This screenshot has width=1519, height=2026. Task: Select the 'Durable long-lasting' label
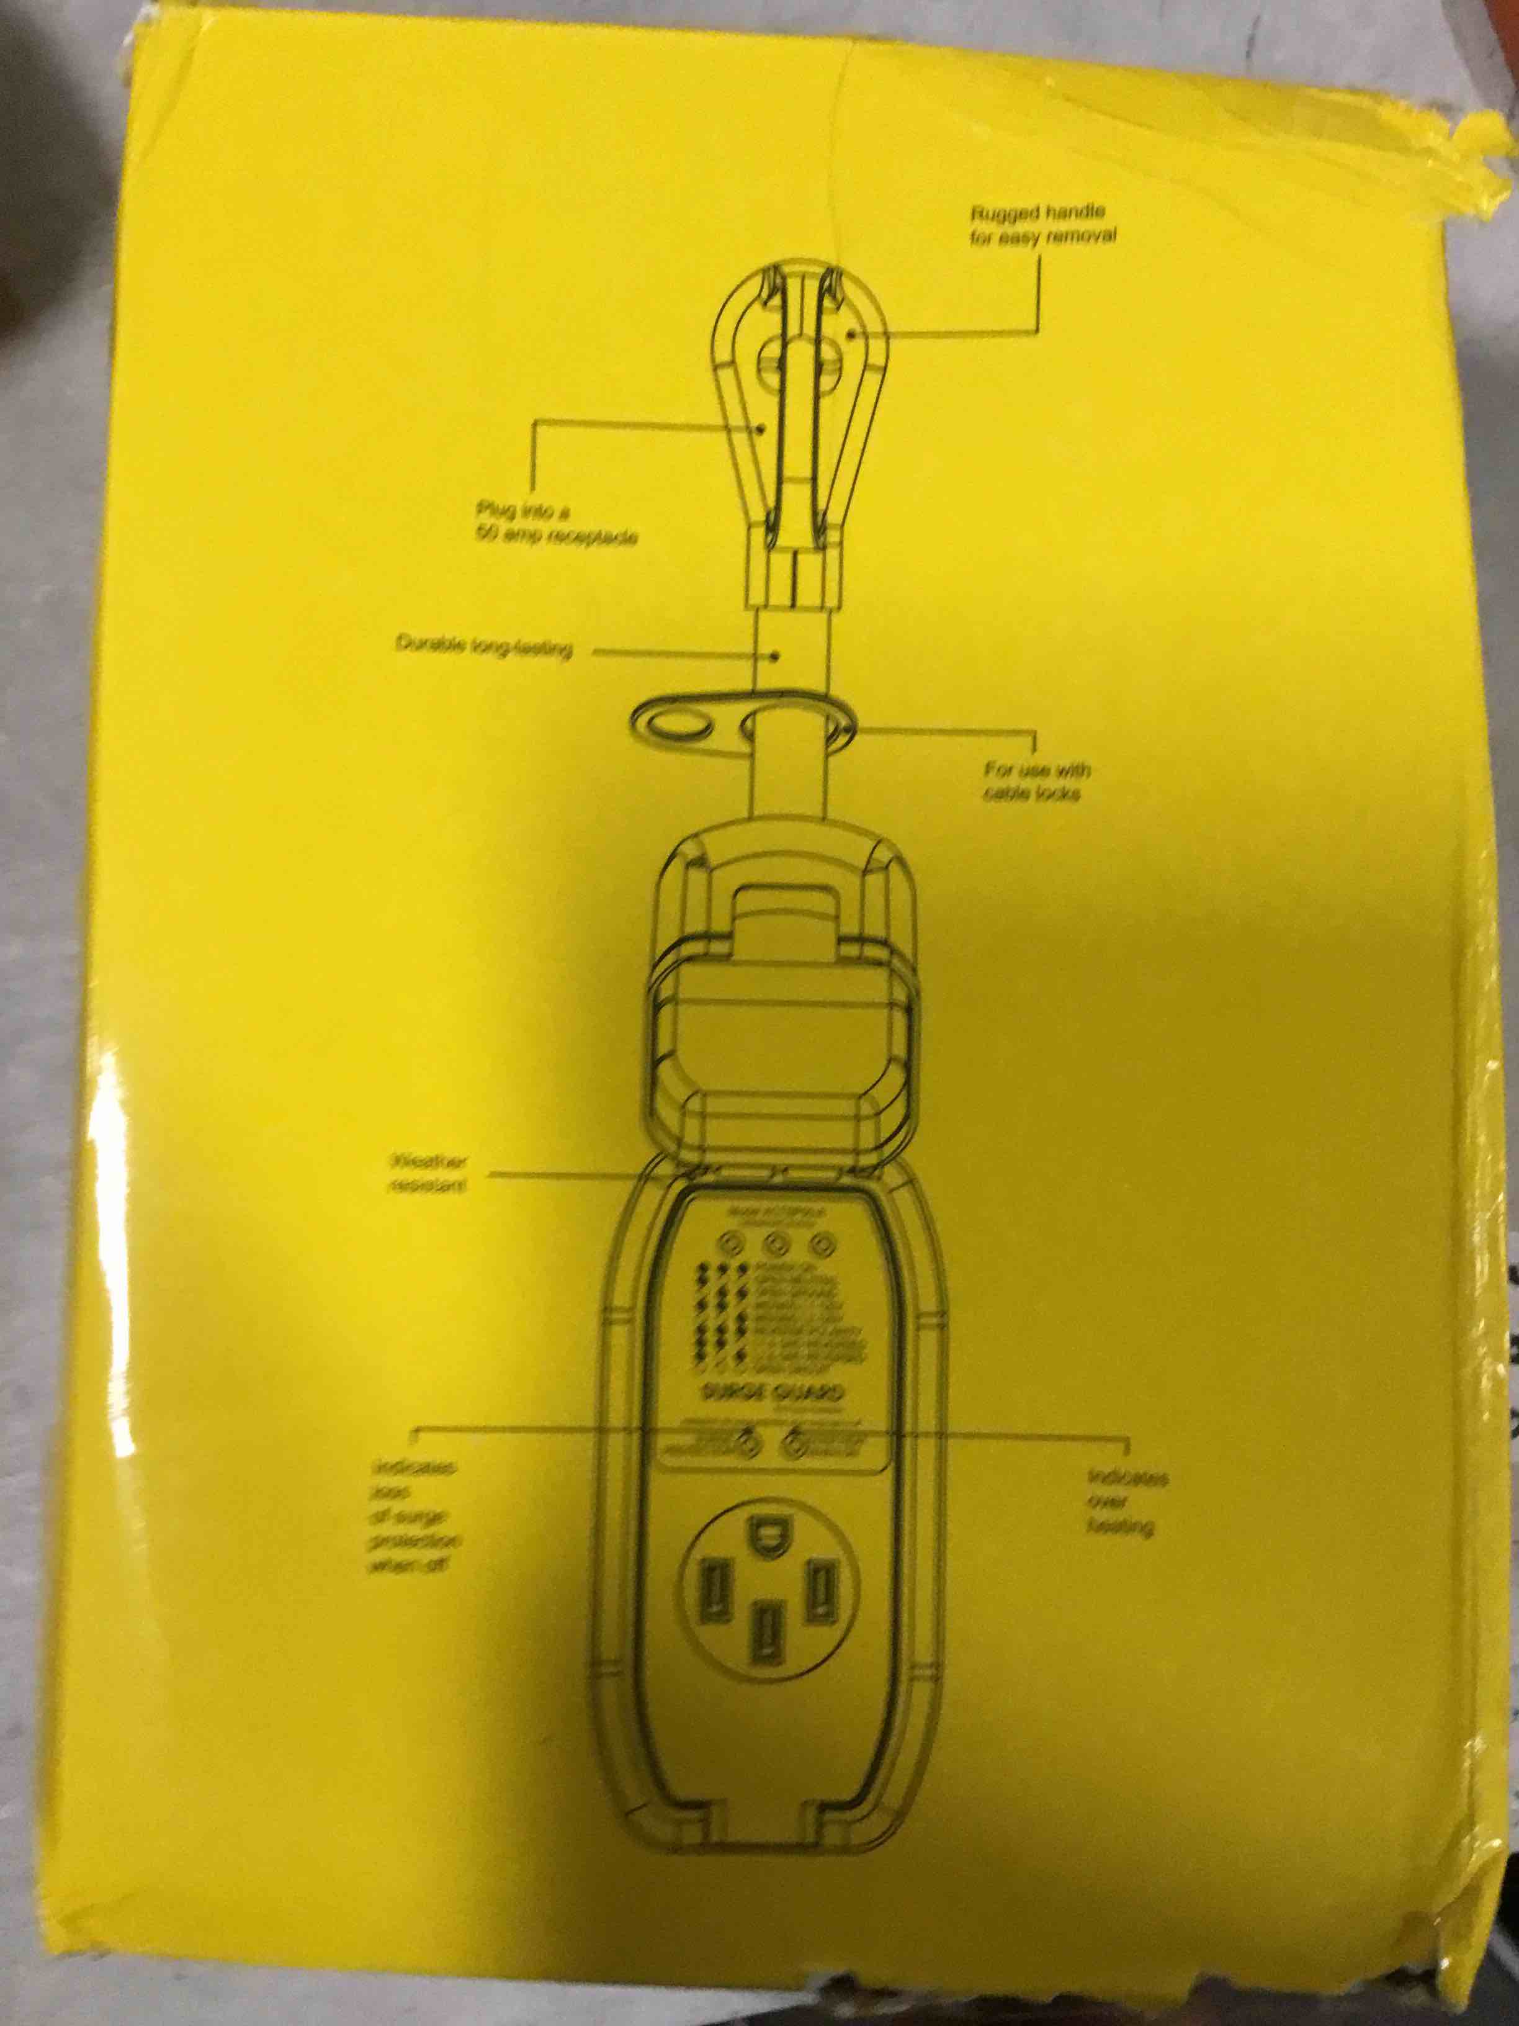point(483,647)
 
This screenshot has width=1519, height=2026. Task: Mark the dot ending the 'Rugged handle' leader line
point(853,335)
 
